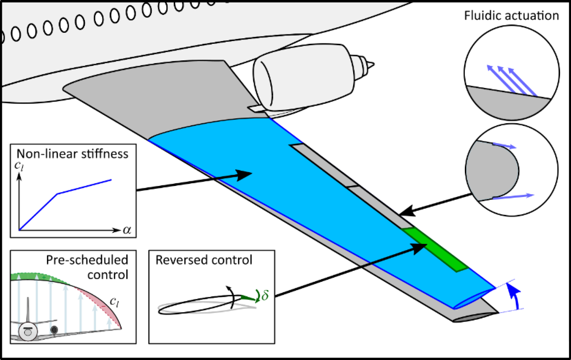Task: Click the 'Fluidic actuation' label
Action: [511, 15]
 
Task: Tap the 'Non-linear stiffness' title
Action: [72, 154]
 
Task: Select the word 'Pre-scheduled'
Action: [87, 260]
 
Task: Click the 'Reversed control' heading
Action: [204, 260]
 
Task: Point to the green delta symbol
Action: [265, 295]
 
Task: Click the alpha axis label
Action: [127, 230]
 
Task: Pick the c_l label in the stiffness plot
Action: [19, 166]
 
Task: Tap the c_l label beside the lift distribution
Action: [114, 302]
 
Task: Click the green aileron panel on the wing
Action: [435, 250]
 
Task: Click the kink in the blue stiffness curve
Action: [57, 194]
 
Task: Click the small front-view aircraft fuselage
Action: [28, 332]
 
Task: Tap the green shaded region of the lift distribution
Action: [38, 277]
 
